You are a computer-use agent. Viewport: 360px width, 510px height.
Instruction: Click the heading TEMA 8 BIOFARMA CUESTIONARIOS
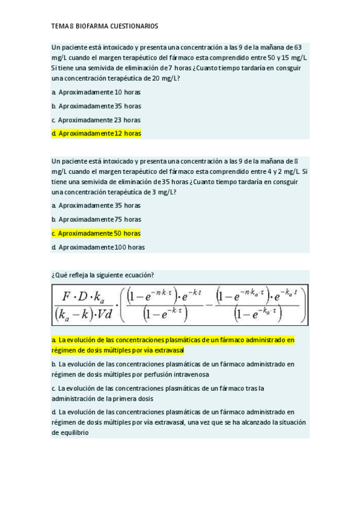point(105,26)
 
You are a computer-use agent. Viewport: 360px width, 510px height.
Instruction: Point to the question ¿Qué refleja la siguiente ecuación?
point(103,275)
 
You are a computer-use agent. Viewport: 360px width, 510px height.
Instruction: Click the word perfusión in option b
point(144,374)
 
